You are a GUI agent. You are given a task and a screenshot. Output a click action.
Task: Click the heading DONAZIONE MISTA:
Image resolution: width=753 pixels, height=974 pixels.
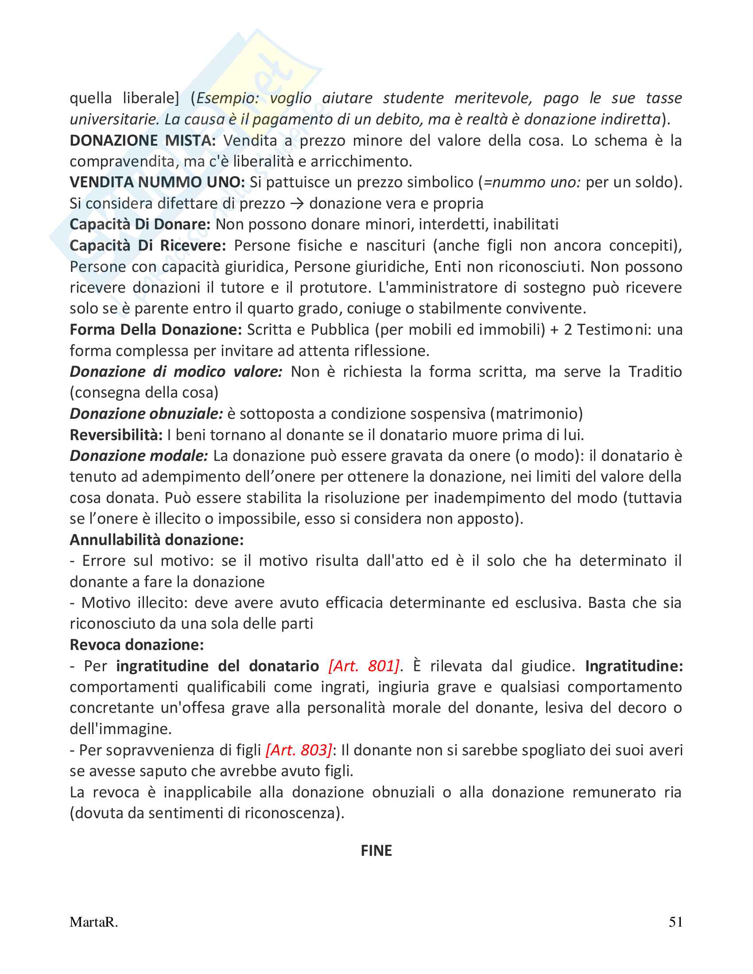click(x=143, y=140)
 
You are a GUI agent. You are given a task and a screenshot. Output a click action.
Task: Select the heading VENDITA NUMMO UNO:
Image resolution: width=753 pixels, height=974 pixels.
click(x=157, y=182)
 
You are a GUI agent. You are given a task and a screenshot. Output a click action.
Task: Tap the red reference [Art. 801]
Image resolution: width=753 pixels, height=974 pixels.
click(x=364, y=666)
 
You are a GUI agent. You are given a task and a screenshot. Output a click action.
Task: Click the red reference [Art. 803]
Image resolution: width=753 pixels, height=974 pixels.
click(x=299, y=750)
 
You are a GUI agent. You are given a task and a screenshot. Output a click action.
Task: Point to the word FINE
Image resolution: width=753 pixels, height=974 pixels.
click(x=376, y=851)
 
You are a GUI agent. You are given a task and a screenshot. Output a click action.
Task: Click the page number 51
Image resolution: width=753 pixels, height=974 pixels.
click(x=675, y=922)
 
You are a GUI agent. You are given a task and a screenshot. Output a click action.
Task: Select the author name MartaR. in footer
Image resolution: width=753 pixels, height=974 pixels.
click(x=93, y=922)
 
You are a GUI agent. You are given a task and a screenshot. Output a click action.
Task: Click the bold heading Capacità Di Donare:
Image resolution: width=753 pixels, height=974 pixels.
click(x=140, y=224)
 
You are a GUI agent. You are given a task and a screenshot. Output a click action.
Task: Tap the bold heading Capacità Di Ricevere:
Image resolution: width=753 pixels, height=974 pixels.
click(x=147, y=246)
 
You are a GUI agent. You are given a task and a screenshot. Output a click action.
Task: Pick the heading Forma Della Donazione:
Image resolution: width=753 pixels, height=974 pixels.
click(x=155, y=329)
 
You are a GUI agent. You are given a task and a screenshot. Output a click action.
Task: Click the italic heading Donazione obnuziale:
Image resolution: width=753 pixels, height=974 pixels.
click(x=146, y=414)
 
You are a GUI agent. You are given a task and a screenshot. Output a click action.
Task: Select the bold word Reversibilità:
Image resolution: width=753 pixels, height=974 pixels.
click(x=116, y=435)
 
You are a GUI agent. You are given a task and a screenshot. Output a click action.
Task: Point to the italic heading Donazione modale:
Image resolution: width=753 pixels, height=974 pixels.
click(x=139, y=456)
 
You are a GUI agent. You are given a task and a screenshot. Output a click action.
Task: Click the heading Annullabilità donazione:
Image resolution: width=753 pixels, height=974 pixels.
click(x=156, y=540)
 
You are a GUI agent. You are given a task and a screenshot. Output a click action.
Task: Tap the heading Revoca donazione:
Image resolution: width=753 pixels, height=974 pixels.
click(x=136, y=645)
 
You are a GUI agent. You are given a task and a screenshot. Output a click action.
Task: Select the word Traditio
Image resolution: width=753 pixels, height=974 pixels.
click(x=655, y=372)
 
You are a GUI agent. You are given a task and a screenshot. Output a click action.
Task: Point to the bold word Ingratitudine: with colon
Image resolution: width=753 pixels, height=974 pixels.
click(x=634, y=666)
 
